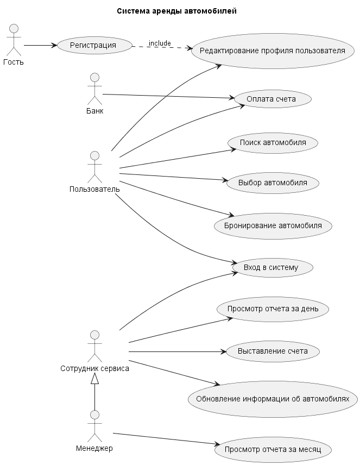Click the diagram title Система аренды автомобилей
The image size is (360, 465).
coord(176,11)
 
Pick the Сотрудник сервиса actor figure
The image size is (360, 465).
coord(95,346)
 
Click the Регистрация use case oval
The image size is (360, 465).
coord(93,45)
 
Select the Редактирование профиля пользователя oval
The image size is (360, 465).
coord(273,51)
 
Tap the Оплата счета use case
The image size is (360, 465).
coord(271,99)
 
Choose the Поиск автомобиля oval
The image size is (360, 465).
coord(272,142)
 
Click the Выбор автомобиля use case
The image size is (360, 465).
coord(272,183)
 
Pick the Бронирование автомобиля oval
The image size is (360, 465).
coord(273,225)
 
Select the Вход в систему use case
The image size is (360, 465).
coord(272,267)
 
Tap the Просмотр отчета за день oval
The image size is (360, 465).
coord(272,309)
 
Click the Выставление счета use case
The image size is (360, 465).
coord(272,351)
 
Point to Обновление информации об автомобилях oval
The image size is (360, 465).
coord(273,398)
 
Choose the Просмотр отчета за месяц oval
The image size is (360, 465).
coord(273,449)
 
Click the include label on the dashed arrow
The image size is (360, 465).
coord(160,43)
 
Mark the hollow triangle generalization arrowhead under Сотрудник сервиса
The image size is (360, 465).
coord(95,380)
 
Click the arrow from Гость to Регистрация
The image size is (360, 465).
coord(39,45)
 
